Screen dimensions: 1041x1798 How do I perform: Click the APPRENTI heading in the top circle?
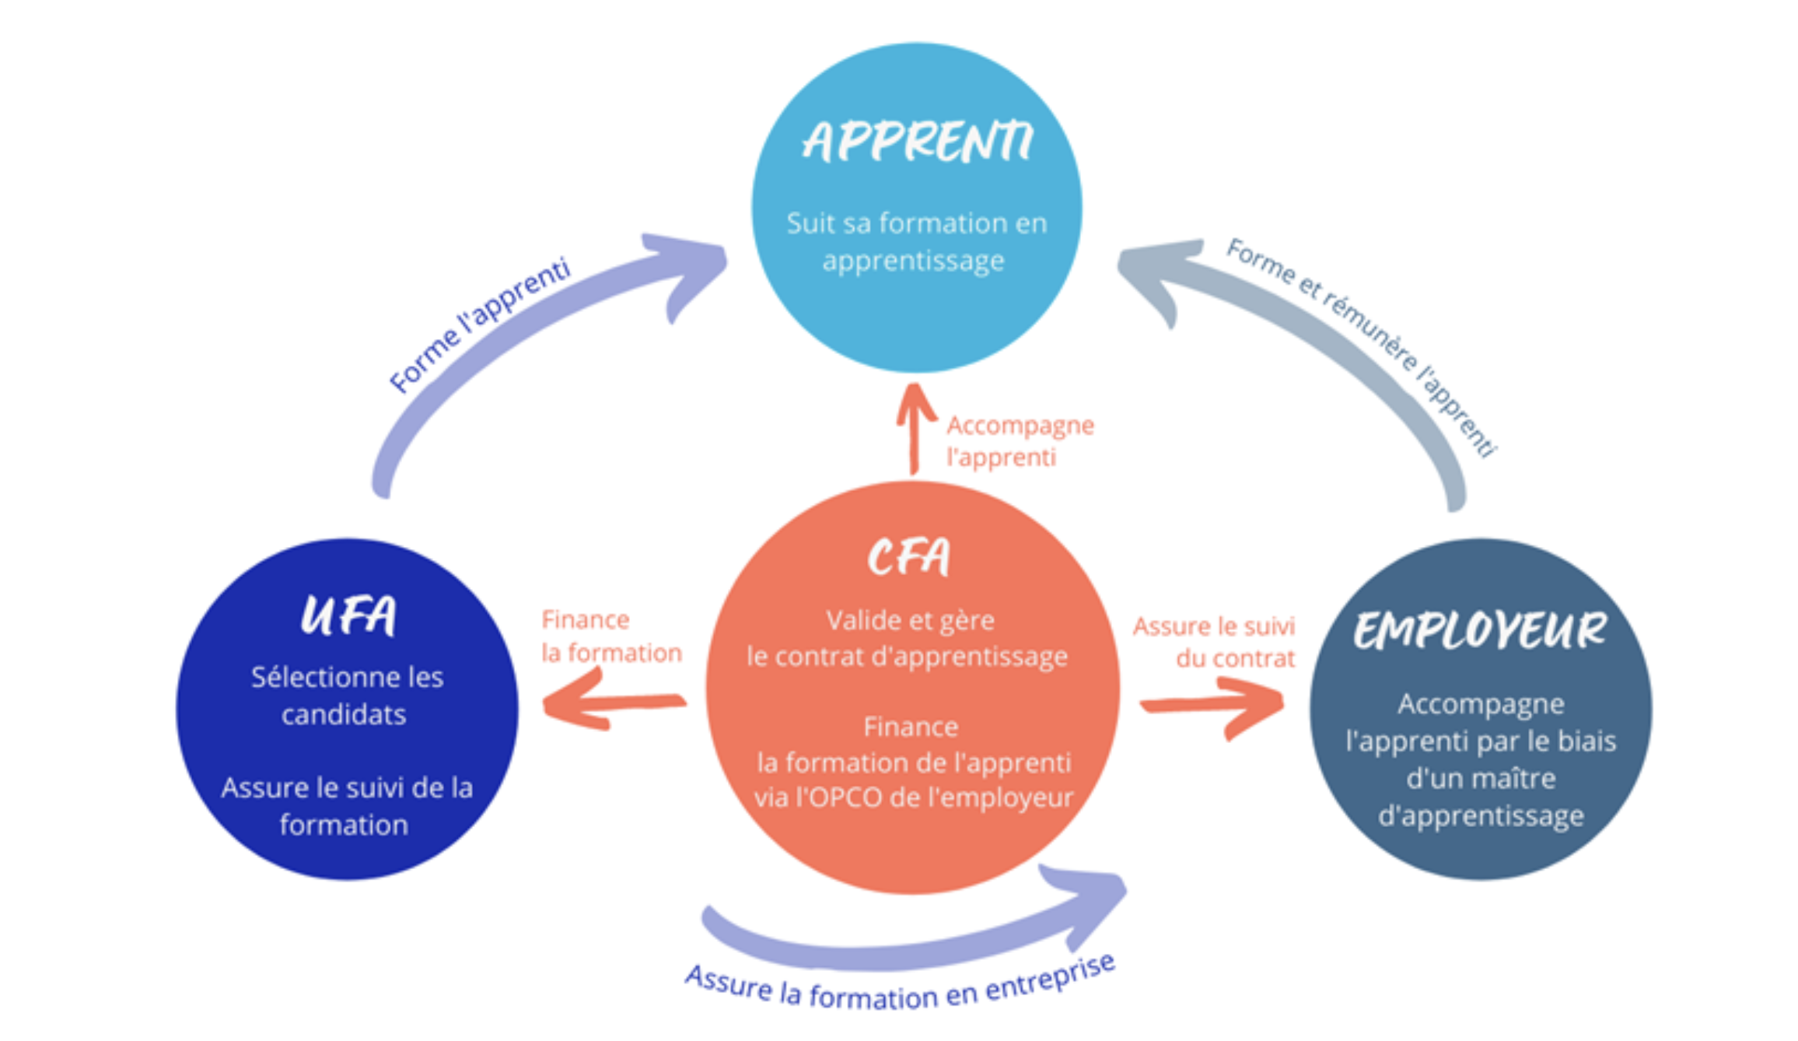[917, 142]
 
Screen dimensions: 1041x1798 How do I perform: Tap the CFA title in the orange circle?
[908, 557]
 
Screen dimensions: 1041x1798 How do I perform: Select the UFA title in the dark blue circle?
[348, 615]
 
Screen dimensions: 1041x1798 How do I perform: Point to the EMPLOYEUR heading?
[1479, 630]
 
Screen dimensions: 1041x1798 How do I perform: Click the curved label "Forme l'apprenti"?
[480, 325]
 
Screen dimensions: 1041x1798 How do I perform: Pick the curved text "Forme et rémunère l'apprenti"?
[1361, 347]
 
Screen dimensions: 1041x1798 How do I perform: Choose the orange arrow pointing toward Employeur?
[1213, 705]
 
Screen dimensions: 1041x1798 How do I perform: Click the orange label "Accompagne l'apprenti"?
[1020, 441]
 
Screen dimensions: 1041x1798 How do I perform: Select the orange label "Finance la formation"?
[610, 636]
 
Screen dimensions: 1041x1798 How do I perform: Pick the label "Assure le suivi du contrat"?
[1213, 642]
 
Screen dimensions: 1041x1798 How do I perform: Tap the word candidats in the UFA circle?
[344, 714]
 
